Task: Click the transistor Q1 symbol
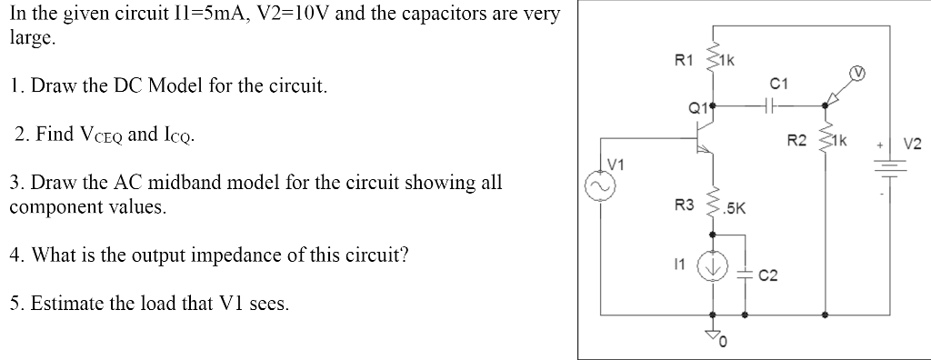point(706,145)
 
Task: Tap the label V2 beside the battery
point(912,144)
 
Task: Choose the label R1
point(681,61)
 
